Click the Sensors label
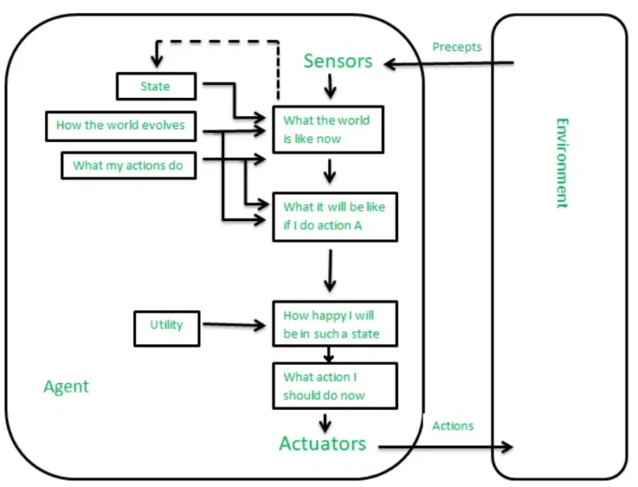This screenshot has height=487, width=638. [337, 61]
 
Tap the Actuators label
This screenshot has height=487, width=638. [322, 443]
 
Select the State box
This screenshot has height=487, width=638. [155, 86]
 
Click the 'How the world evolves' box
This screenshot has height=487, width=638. [120, 125]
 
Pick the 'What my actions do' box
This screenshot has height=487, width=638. [128, 165]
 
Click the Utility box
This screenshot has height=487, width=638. [167, 325]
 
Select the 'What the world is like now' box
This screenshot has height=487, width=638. [327, 130]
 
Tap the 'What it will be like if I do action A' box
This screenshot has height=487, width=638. [334, 216]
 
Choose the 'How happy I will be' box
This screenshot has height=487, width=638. [335, 325]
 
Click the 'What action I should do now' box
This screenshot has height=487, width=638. [335, 386]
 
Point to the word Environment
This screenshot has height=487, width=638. [563, 162]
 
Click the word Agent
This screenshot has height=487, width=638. [66, 386]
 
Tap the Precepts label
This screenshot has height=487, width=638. [457, 47]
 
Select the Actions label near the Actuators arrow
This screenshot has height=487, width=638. [453, 426]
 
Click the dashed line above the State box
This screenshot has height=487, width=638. [216, 42]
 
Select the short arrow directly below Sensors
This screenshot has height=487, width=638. [330, 85]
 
